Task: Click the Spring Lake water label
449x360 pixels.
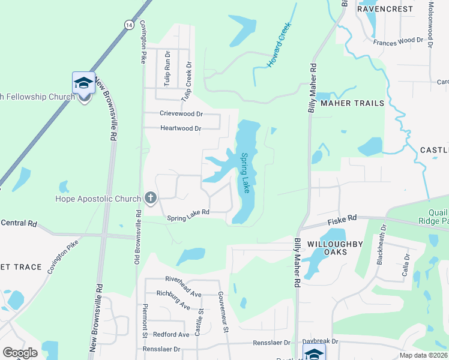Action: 246,173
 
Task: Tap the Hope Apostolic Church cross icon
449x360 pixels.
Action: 150,198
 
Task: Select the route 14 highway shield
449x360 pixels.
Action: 129,24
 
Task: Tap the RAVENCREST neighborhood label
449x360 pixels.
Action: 385,9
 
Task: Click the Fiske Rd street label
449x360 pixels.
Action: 342,221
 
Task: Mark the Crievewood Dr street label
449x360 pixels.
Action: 181,113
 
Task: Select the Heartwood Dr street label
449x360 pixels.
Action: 181,128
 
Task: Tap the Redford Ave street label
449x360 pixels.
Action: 171,334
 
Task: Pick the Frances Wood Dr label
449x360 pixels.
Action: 398,41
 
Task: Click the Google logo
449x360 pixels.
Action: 20,352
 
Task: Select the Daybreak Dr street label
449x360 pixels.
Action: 321,341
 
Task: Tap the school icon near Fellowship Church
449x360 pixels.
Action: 83,83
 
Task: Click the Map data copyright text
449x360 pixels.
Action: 424,355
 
